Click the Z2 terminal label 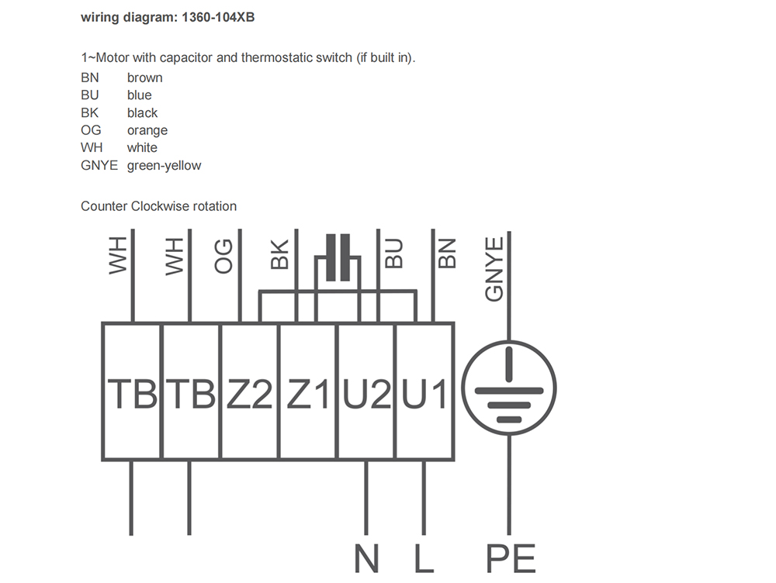click(x=249, y=394)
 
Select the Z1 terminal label click(x=308, y=394)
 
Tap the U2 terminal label click(x=366, y=394)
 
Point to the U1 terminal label click(x=424, y=394)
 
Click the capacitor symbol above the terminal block click(x=338, y=257)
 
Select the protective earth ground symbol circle click(x=509, y=388)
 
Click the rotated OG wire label click(x=223, y=256)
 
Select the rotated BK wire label click(x=279, y=254)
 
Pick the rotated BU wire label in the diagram click(x=394, y=254)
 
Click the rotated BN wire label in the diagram click(x=447, y=254)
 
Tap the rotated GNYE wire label click(x=494, y=270)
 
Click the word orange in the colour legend click(x=147, y=130)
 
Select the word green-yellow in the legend click(x=165, y=166)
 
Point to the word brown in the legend click(x=145, y=78)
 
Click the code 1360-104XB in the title click(x=218, y=17)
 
